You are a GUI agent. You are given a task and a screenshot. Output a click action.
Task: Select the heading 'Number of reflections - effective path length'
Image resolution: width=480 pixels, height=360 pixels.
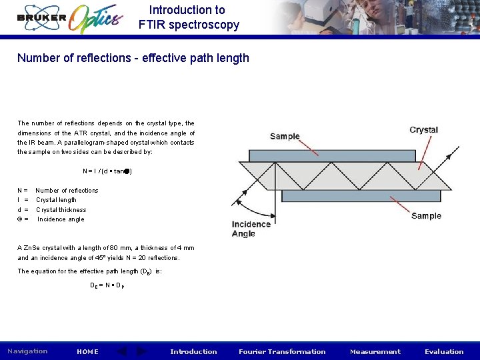pyautogui.click(x=133, y=58)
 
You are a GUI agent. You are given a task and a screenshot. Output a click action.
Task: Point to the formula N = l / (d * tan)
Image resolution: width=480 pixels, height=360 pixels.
pyautogui.click(x=107, y=171)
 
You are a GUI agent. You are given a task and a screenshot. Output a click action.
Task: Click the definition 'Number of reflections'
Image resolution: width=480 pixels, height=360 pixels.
pyautogui.click(x=67, y=191)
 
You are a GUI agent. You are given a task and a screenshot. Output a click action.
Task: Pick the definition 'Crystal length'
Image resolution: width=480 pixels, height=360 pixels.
pyautogui.click(x=56, y=200)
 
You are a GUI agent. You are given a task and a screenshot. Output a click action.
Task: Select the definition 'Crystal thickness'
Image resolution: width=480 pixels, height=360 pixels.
pyautogui.click(x=61, y=210)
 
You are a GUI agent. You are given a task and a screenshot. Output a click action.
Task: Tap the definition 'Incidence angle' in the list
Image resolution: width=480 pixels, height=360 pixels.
pyautogui.click(x=61, y=219)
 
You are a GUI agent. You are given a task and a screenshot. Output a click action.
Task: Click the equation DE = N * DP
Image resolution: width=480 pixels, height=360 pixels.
pyautogui.click(x=107, y=285)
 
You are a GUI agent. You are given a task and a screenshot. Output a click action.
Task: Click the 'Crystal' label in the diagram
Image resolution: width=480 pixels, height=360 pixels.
pyautogui.click(x=423, y=130)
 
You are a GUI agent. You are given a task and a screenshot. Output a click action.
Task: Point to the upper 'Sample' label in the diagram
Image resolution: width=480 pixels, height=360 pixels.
pyautogui.click(x=285, y=137)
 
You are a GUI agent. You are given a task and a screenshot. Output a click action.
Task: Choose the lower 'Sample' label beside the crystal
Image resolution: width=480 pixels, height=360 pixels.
pyautogui.click(x=426, y=215)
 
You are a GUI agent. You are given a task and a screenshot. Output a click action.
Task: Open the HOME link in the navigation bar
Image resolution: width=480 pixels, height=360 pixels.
pyautogui.click(x=87, y=351)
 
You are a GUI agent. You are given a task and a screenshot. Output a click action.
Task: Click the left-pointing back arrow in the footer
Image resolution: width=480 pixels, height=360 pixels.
pyautogui.click(x=122, y=351)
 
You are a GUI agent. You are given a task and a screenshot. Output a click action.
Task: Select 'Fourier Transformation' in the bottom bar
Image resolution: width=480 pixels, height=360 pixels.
pyautogui.click(x=282, y=351)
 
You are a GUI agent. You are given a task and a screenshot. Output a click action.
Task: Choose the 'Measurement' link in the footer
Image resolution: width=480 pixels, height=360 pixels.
pyautogui.click(x=375, y=351)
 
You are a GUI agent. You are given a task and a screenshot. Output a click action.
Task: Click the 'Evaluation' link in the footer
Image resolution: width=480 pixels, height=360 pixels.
pyautogui.click(x=444, y=351)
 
